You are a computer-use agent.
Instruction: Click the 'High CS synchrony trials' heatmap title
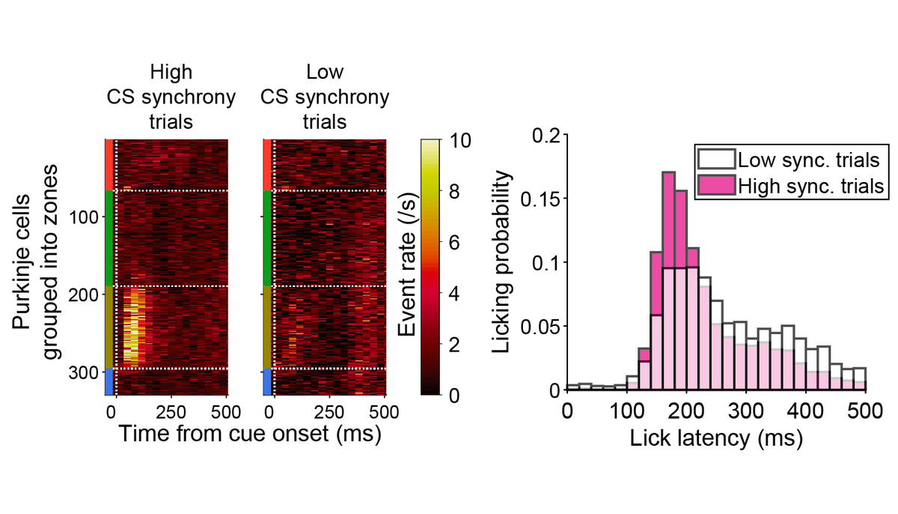(171, 97)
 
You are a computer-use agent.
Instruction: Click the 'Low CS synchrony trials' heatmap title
(325, 97)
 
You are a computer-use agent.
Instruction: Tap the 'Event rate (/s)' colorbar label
(408, 267)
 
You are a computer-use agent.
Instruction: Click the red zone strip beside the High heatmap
(109, 164)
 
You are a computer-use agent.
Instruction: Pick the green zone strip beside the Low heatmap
(267, 238)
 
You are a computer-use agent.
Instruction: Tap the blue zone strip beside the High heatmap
(109, 381)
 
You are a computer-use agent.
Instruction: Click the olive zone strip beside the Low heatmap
(267, 327)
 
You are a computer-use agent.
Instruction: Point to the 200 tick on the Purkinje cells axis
(89, 294)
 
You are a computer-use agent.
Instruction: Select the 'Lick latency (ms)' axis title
(716, 438)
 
